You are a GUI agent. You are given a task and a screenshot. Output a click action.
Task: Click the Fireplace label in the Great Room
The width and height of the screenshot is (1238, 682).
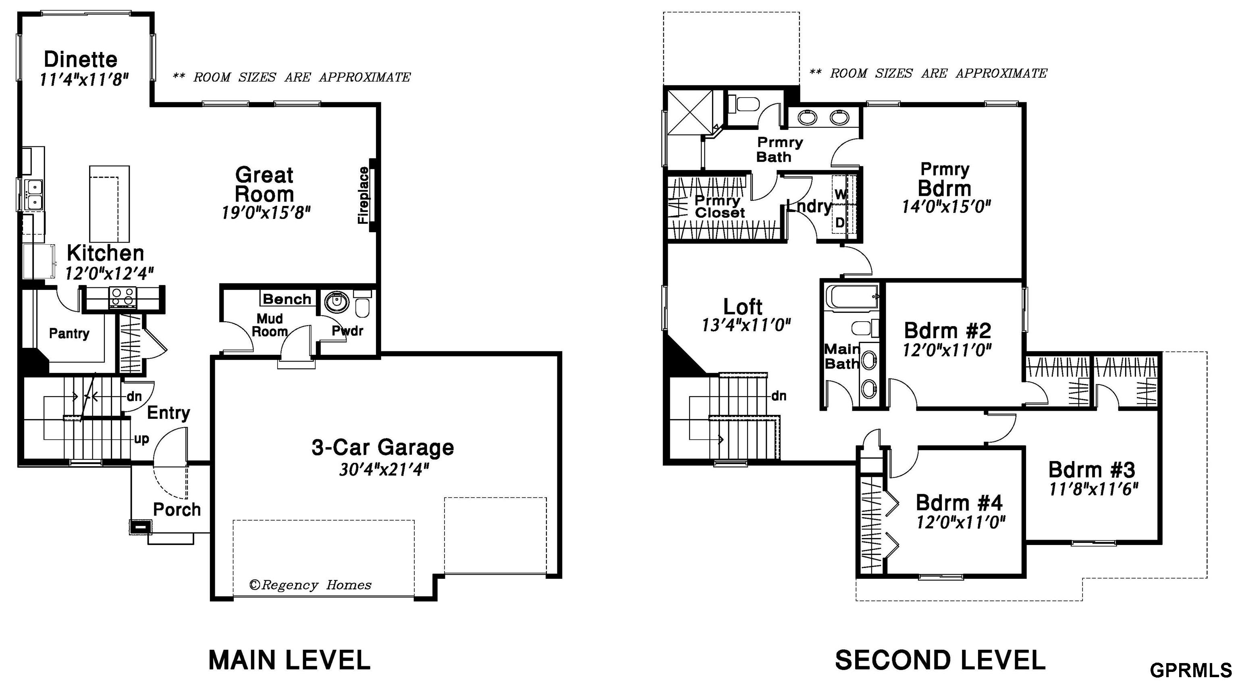point(364,195)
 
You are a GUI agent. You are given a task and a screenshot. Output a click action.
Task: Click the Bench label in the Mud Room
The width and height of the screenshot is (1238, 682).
point(287,299)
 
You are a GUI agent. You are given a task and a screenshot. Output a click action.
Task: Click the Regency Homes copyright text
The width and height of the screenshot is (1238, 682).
point(310,585)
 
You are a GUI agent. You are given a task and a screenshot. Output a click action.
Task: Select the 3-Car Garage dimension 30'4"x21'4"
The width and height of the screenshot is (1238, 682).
point(384,469)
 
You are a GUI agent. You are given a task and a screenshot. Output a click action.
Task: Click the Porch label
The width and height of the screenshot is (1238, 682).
point(177,509)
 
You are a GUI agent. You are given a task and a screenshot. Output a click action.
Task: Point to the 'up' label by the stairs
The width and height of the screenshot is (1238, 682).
point(141,439)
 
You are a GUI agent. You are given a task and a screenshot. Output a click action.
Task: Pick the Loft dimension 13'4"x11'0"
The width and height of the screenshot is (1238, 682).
point(746,325)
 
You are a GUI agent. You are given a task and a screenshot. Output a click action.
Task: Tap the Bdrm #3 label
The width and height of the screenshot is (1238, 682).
point(1091,469)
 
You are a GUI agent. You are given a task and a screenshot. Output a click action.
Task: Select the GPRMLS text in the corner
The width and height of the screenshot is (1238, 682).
point(1191,670)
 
